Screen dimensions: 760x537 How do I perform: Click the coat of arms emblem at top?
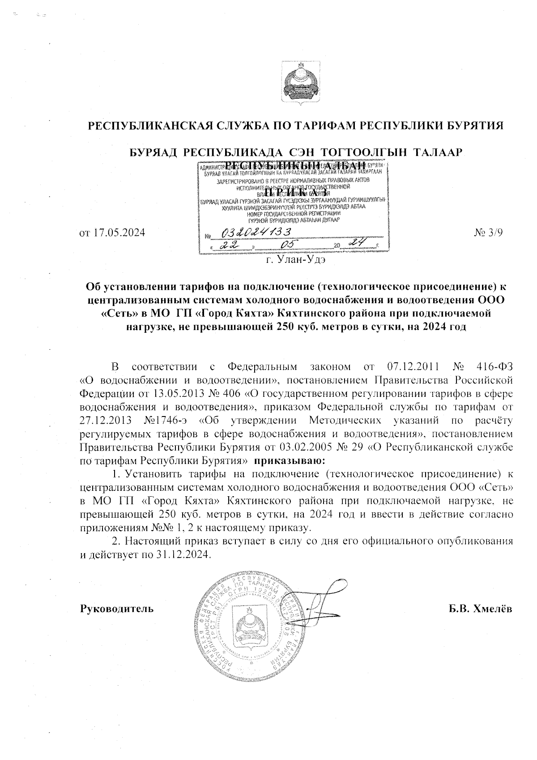tap(296, 82)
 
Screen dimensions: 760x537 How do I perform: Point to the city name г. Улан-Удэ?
tap(296, 259)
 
